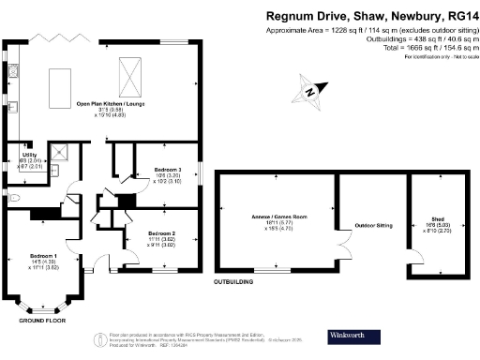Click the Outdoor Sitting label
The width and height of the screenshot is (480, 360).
(x=370, y=226)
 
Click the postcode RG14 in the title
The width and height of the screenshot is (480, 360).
(x=455, y=15)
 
